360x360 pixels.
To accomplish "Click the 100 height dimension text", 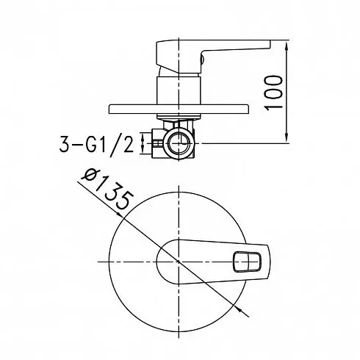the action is pos(274,93).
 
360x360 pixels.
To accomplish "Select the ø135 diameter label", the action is pos(108,189).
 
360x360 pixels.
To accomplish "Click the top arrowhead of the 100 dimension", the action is pos(287,46).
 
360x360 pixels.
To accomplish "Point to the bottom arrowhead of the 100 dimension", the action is pos(287,137).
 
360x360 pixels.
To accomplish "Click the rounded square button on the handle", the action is pos(247,262).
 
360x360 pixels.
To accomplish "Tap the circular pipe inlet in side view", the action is pos(179,143).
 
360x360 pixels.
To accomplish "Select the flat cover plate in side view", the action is pos(179,109).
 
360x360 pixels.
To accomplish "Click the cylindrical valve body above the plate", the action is pos(179,90).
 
